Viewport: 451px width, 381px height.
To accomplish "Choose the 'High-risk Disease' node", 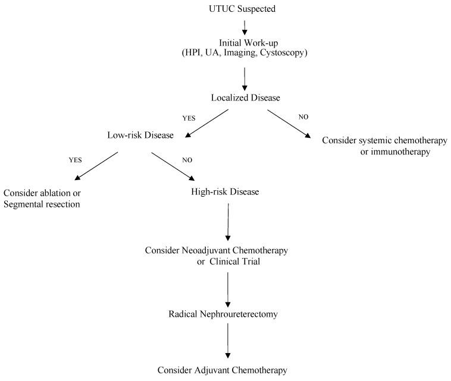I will (x=225, y=192).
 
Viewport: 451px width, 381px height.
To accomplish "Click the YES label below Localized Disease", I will (x=189, y=118).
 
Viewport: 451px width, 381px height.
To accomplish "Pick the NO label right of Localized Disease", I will (x=303, y=117).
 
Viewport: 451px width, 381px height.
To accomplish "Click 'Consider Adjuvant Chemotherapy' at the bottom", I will (x=223, y=370).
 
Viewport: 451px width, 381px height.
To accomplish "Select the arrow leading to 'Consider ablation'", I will (x=96, y=166).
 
